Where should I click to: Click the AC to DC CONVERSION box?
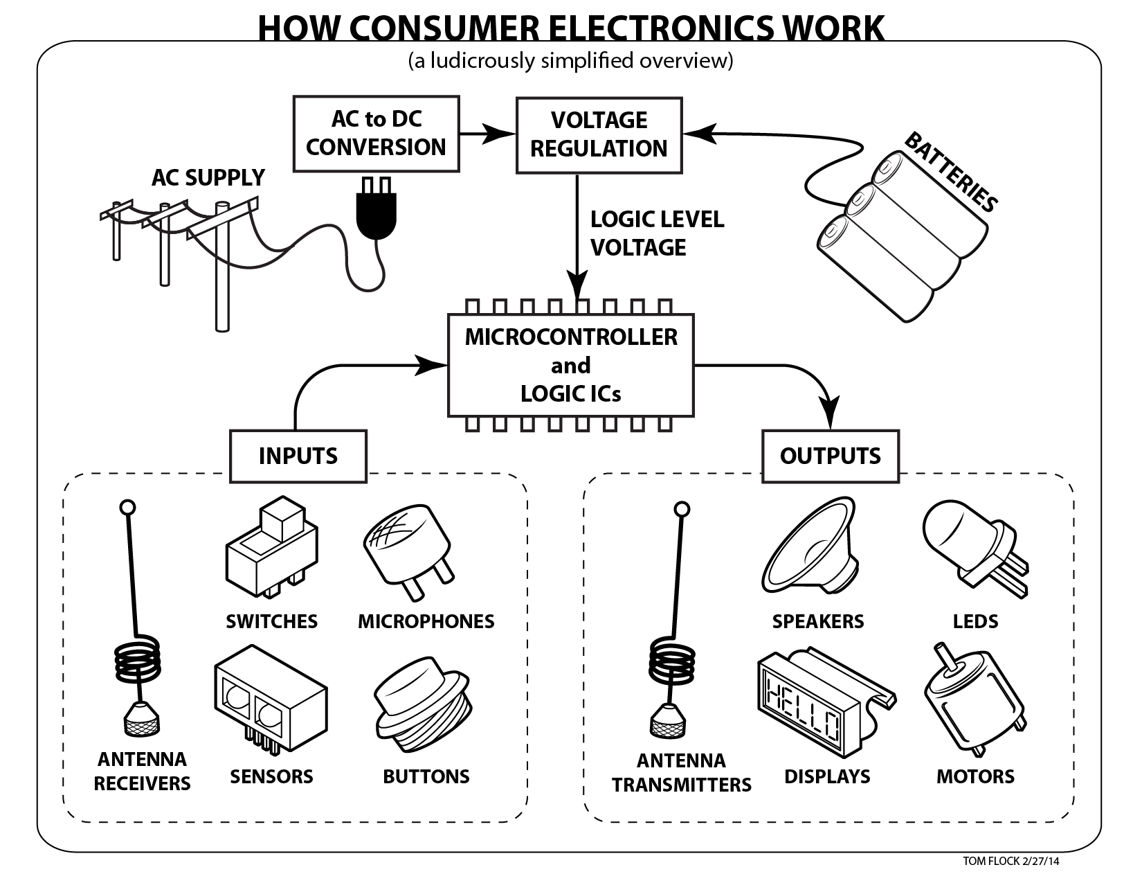376,134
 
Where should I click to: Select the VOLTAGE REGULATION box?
599,134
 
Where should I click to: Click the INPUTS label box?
298,456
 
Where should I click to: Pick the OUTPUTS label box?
830,456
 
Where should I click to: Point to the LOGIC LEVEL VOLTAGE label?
656,233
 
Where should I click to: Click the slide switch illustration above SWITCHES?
271,547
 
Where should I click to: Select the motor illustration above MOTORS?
972,706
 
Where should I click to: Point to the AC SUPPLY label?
208,178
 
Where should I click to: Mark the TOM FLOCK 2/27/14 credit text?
1010,862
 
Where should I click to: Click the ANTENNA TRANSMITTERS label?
681,773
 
